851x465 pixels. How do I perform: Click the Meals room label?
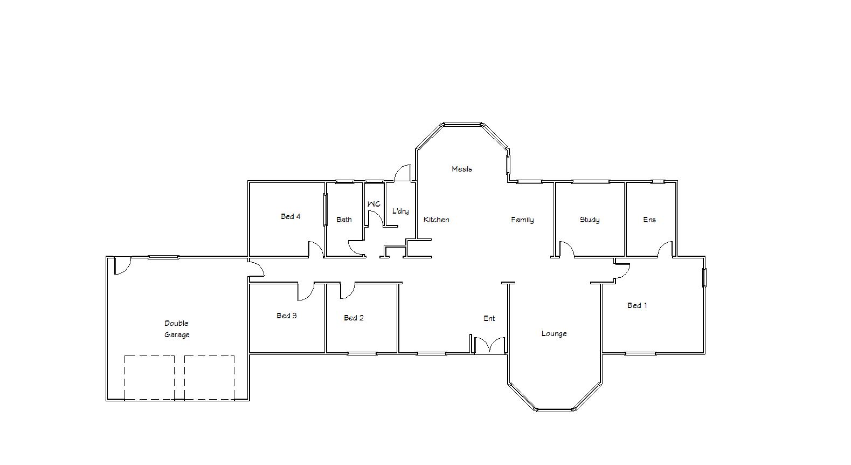tap(461, 169)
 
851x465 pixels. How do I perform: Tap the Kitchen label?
tap(436, 220)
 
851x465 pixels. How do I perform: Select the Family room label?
tap(522, 220)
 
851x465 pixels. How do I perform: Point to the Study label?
tap(589, 220)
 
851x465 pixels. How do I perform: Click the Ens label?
tap(649, 220)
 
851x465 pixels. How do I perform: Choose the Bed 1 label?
tap(636, 305)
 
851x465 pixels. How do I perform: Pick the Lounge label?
tap(554, 334)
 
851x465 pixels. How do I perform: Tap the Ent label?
tap(489, 318)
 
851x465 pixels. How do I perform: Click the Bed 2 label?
tap(354, 318)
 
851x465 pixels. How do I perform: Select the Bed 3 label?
tap(287, 316)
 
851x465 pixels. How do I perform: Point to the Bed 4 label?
tap(290, 216)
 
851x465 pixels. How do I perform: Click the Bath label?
tap(344, 220)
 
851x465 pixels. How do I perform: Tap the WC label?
tap(374, 204)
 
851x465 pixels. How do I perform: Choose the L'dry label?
tap(400, 211)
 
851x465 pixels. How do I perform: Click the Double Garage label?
tap(177, 329)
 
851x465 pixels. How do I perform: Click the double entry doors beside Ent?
tap(489, 346)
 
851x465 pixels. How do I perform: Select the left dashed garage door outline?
tap(149, 378)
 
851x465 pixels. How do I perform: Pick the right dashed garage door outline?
tap(209, 378)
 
